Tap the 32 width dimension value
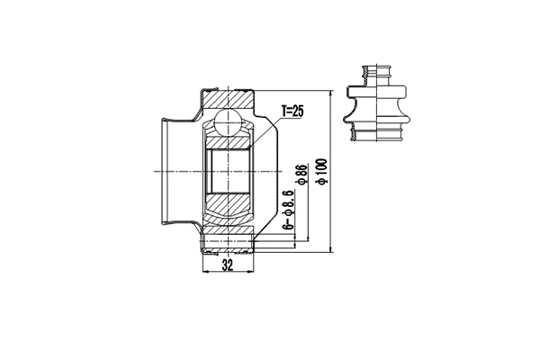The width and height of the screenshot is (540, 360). click(227, 267)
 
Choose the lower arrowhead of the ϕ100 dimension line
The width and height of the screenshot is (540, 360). click(332, 248)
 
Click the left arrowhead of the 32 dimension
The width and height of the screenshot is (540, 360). click(208, 258)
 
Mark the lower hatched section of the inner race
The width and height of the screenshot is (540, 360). click(229, 206)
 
